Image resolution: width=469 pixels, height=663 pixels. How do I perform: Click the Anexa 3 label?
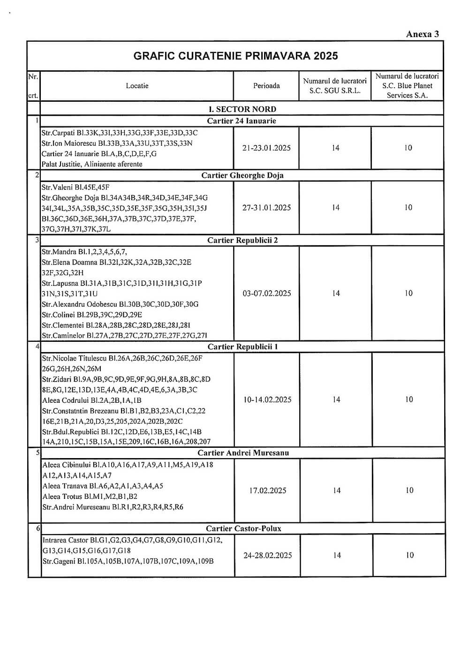tap(422, 34)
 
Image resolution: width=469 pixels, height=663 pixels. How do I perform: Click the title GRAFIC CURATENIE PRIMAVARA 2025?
tap(235, 56)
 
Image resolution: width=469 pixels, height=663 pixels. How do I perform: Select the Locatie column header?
tap(137, 86)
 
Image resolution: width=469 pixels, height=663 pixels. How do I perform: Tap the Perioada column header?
tap(266, 86)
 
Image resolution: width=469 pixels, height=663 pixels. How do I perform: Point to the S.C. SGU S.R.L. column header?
tap(335, 86)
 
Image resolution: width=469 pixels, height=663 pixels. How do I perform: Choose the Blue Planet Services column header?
tap(407, 86)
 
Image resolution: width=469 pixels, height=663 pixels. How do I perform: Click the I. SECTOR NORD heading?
tap(242, 109)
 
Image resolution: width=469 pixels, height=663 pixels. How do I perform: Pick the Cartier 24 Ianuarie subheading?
tap(242, 121)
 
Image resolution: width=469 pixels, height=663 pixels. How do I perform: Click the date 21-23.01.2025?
tap(266, 148)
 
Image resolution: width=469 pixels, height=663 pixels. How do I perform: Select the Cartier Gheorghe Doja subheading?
tap(242, 175)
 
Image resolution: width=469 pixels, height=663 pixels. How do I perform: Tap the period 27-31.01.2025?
tap(266, 208)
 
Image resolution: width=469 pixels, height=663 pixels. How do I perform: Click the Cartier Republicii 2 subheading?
tap(242, 241)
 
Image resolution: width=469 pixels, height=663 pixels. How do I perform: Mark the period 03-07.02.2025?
tap(267, 294)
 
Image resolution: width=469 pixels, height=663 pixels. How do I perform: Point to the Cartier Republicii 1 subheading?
tap(242, 347)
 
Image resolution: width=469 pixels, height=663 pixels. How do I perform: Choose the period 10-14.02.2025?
tap(267, 400)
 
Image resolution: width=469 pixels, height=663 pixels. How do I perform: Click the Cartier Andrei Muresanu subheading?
tap(243, 453)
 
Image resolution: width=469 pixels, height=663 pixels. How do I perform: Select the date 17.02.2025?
tap(268, 490)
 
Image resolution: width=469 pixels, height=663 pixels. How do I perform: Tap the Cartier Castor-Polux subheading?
tap(243, 528)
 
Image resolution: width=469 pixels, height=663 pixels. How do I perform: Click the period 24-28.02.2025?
tap(268, 556)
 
